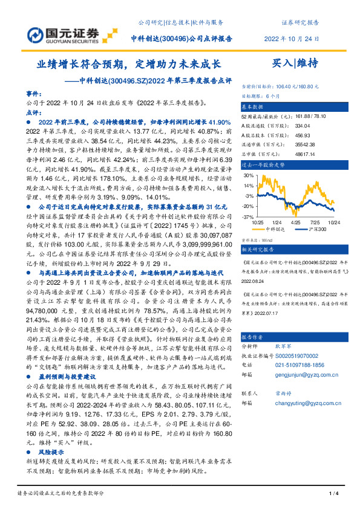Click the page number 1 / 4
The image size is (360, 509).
point(333,495)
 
